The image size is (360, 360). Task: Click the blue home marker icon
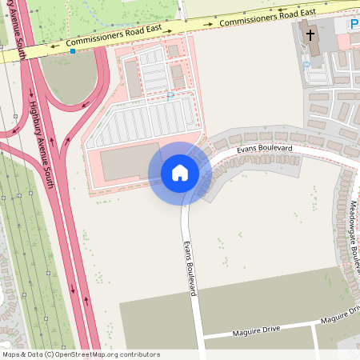click(180, 172)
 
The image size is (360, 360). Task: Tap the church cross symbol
click(310, 35)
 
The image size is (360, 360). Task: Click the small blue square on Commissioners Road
click(73, 51)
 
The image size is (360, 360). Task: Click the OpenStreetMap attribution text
click(81, 354)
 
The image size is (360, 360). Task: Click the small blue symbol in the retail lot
click(170, 94)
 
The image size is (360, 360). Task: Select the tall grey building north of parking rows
click(132, 78)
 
